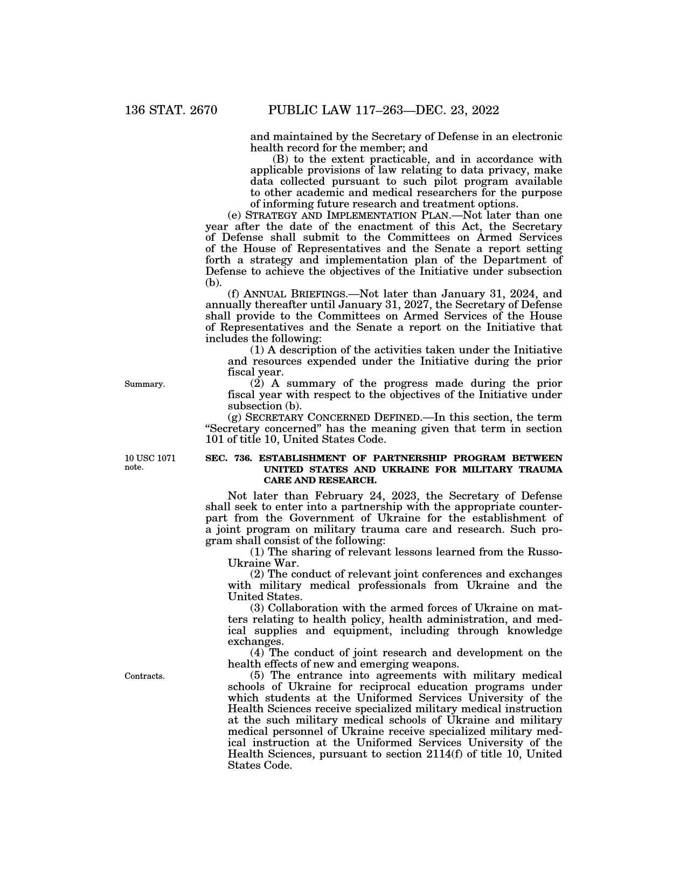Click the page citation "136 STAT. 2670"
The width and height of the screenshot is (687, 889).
coord(171,110)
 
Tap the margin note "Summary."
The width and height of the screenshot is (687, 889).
coord(144,384)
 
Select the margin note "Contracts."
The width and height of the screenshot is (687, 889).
coord(144,676)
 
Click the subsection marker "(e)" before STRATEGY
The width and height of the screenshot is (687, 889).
coord(234,216)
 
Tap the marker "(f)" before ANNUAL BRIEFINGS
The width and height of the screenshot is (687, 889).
coord(234,294)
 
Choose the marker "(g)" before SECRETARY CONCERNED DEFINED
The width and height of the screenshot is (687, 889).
coord(235,418)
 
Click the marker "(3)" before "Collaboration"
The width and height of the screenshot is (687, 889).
coord(258,608)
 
